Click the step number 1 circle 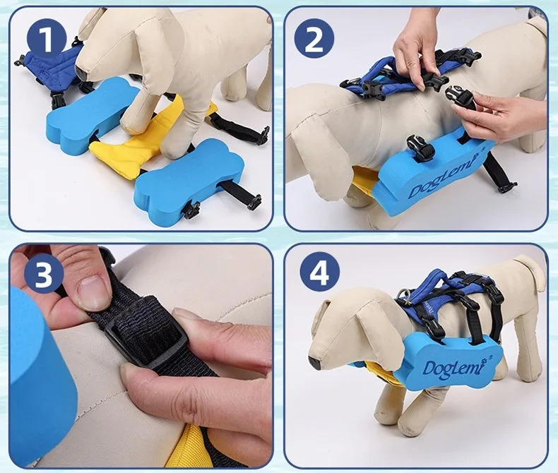point(47,38)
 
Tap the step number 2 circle point(314,38)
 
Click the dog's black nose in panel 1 point(81,73)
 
